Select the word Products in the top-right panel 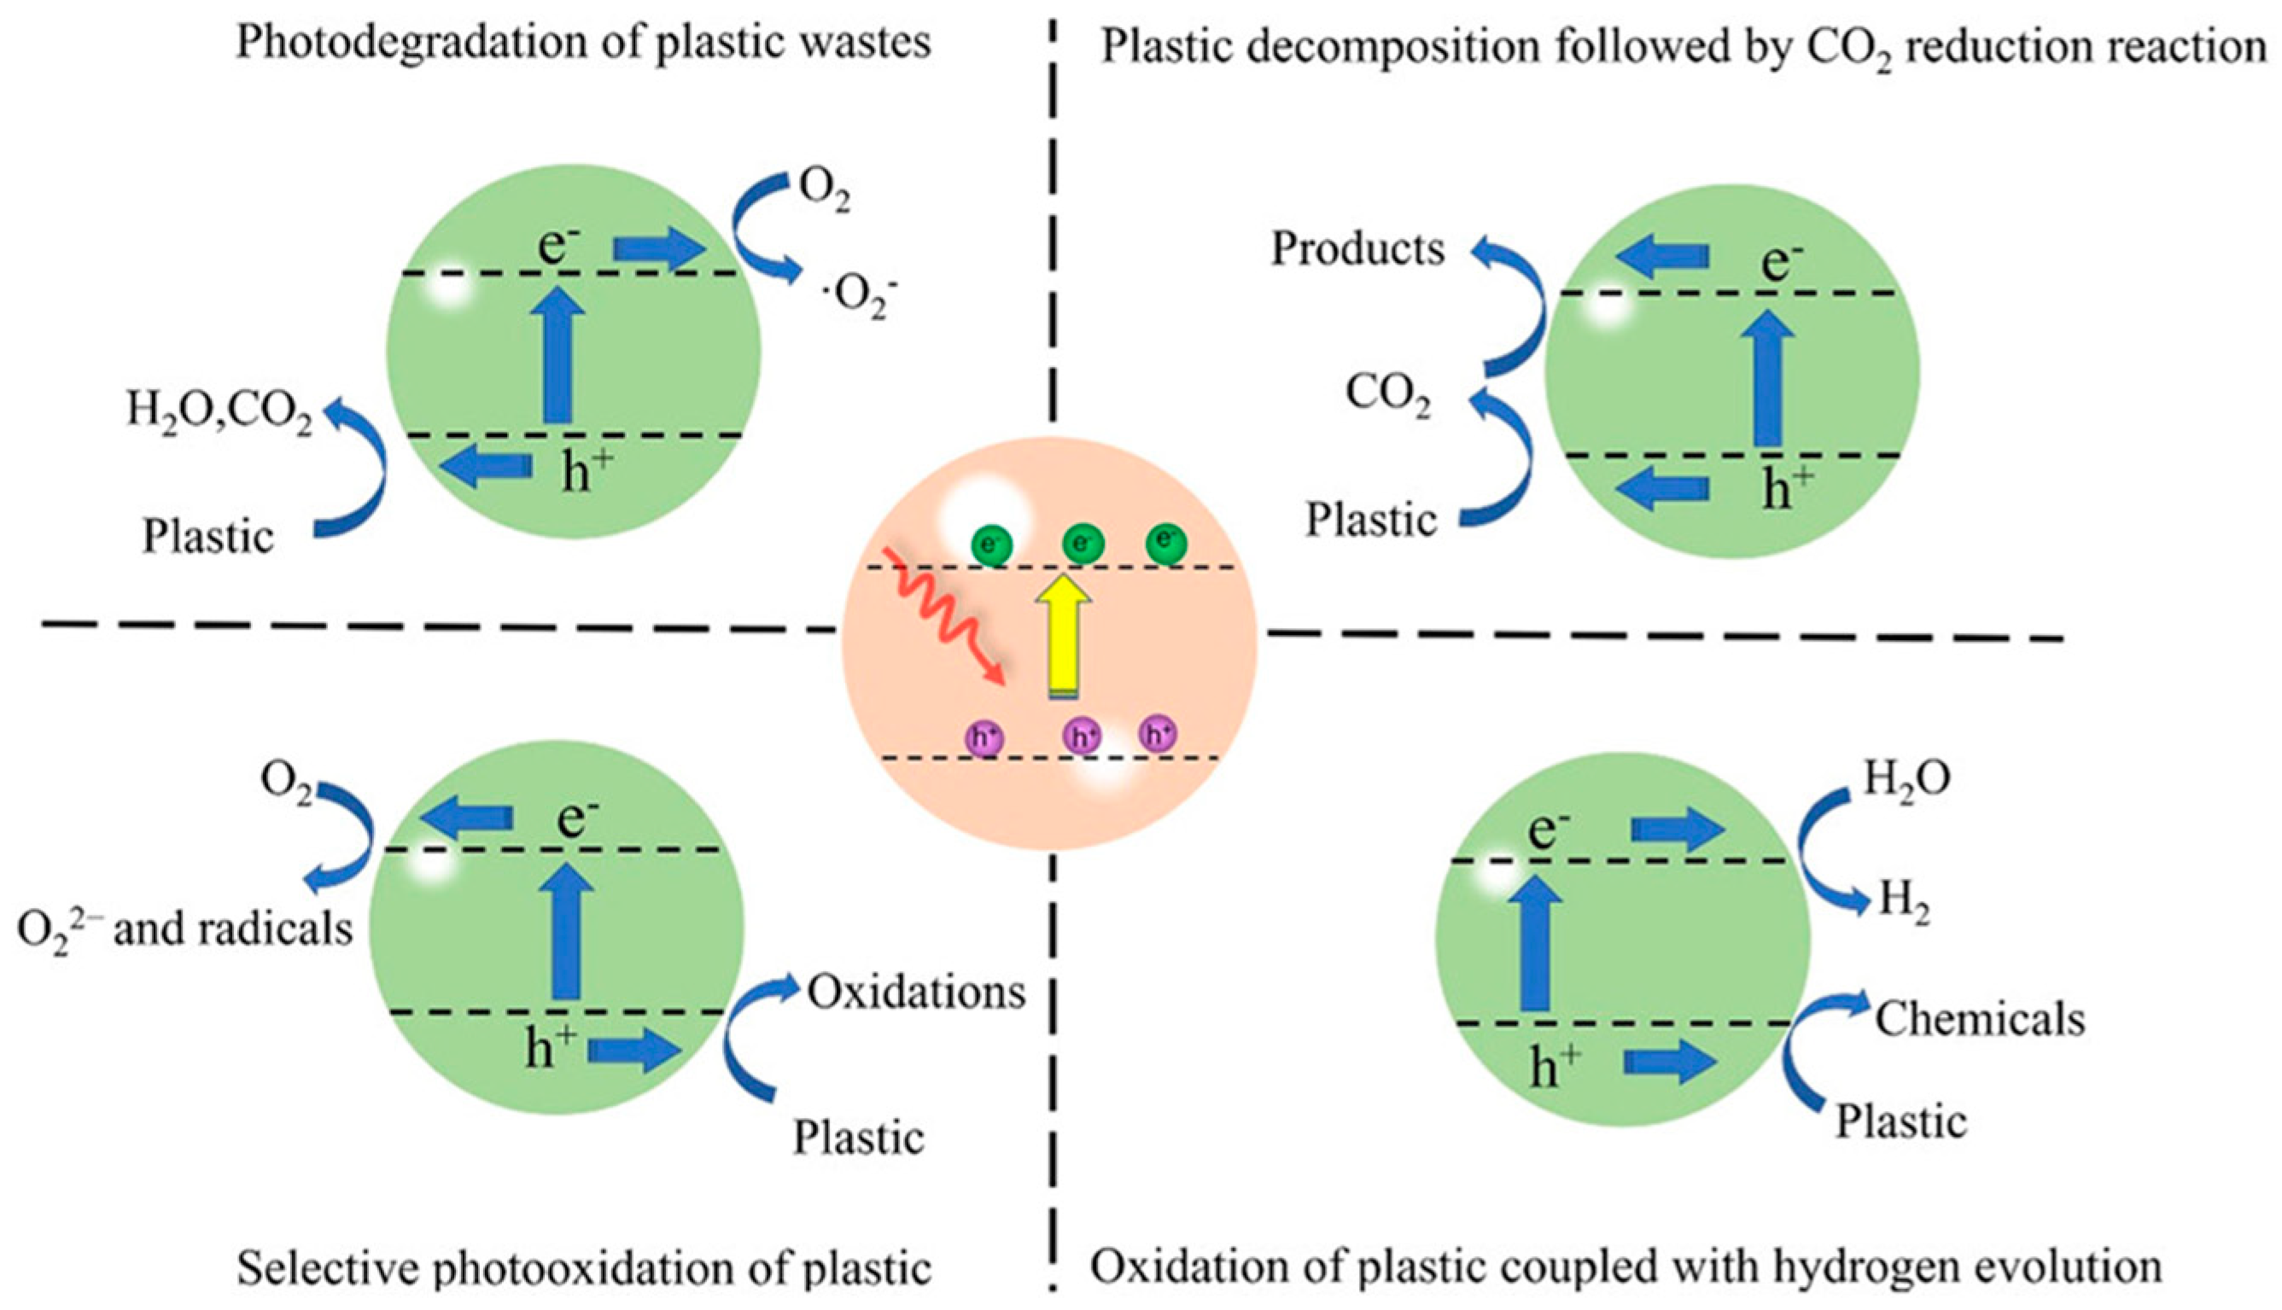[x=1357, y=249]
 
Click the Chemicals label [x=1980, y=1019]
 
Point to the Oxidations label [x=916, y=993]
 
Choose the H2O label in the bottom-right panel [x=1906, y=778]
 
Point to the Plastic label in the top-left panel [x=207, y=537]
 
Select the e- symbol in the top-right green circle [x=1782, y=263]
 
